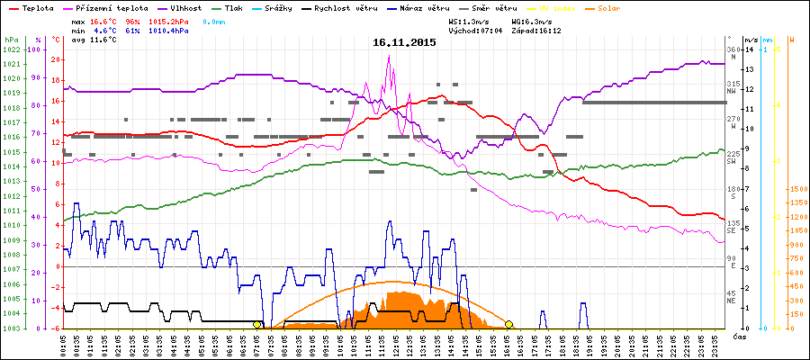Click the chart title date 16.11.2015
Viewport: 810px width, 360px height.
[x=404, y=42]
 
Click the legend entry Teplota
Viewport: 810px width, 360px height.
[x=38, y=6]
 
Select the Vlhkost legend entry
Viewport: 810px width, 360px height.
[x=186, y=6]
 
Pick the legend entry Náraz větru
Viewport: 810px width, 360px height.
[x=425, y=6]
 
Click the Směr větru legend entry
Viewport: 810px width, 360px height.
[x=494, y=6]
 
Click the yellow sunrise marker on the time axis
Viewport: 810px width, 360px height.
[x=257, y=324]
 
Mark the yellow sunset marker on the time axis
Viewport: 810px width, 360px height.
[x=509, y=324]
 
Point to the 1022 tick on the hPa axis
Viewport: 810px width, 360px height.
[x=11, y=49]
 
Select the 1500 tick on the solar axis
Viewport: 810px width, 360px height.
[x=797, y=190]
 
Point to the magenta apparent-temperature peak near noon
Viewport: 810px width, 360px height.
[x=389, y=56]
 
